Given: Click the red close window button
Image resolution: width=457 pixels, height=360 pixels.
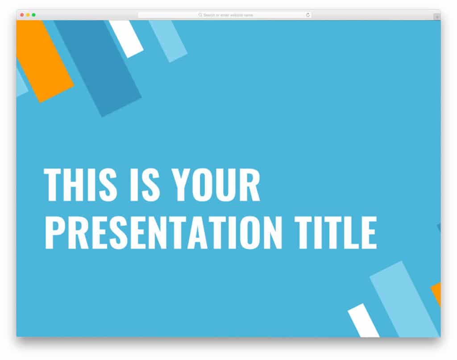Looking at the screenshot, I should tap(22, 15).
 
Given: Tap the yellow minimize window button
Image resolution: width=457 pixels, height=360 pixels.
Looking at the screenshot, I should tap(28, 15).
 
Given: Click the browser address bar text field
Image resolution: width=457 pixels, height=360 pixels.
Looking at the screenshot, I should tap(225, 15).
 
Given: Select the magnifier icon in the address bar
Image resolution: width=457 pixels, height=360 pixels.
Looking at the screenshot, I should tap(200, 15).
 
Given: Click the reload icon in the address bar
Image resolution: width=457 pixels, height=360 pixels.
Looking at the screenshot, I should tap(308, 15).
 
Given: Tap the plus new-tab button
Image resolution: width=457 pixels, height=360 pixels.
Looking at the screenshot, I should tap(436, 17).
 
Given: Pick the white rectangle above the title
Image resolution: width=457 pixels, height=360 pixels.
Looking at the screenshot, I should tap(126, 38).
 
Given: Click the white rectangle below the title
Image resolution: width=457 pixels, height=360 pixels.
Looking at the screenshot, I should tap(363, 320).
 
